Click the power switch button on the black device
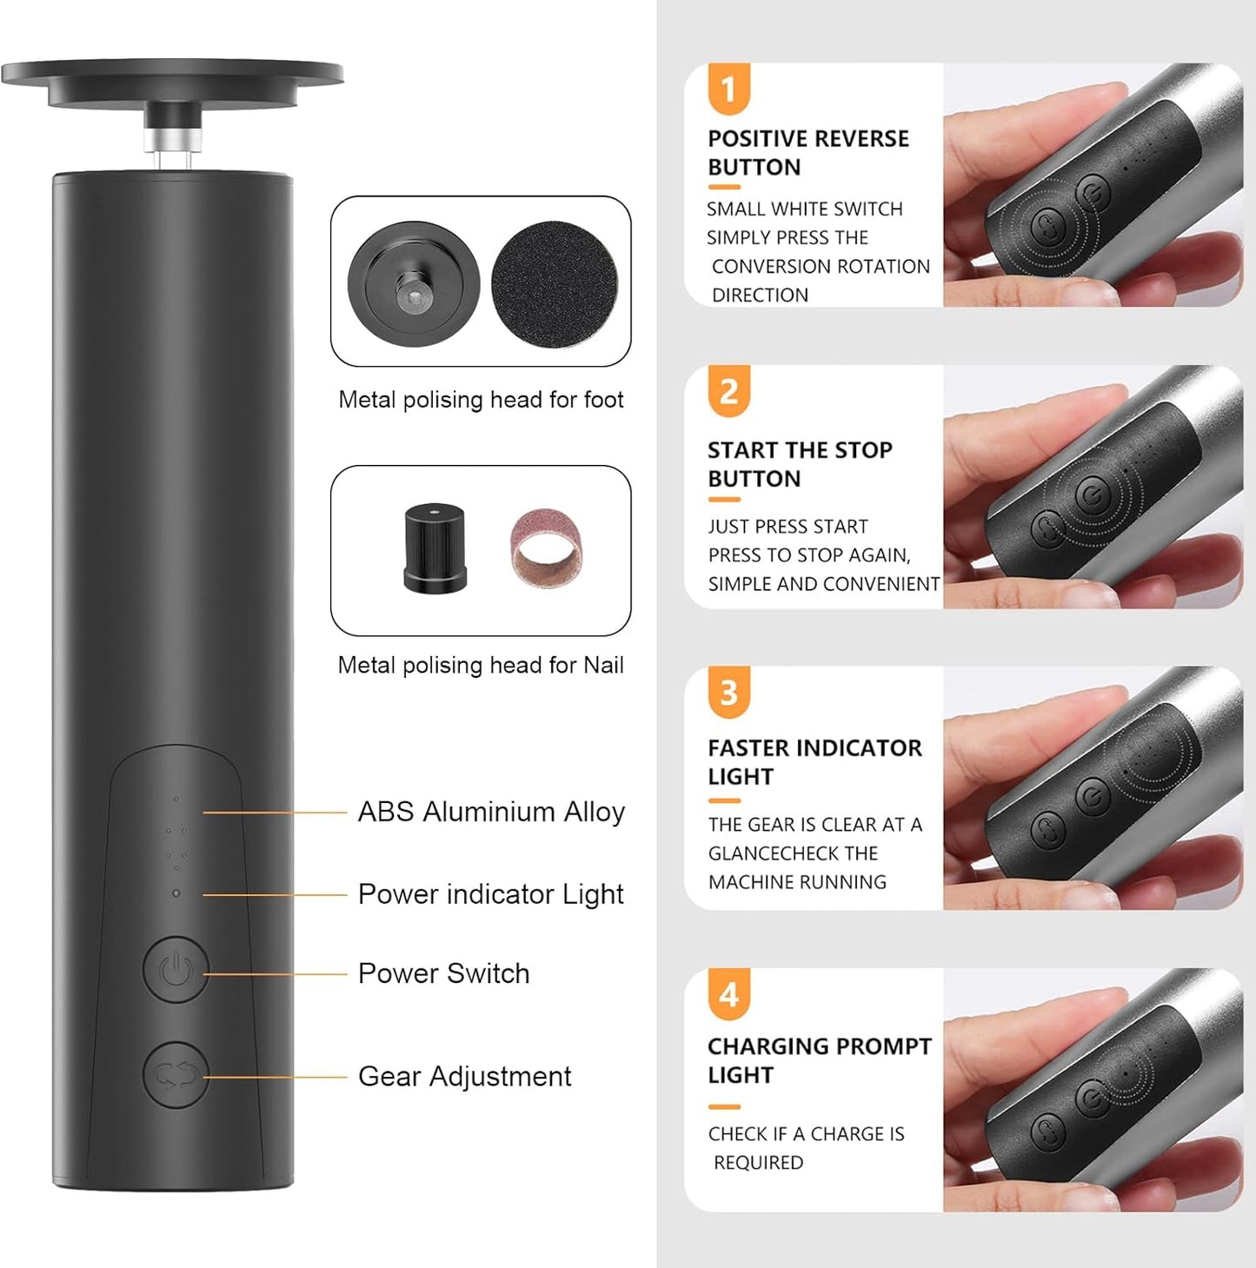point(176,970)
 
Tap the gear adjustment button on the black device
point(176,1075)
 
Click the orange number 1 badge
point(728,89)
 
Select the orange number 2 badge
point(728,391)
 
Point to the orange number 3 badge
point(728,693)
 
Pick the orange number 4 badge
point(728,994)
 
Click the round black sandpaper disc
point(555,284)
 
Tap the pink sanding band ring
point(547,548)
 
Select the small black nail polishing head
point(435,548)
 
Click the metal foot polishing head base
point(414,284)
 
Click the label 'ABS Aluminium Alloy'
point(491,812)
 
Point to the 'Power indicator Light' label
point(490,894)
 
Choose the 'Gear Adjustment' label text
point(464,1077)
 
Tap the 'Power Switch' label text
point(443,973)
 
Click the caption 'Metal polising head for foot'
point(481,400)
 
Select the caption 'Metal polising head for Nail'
point(481,666)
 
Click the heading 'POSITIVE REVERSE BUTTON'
point(807,153)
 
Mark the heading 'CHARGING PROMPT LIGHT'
point(819,1060)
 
